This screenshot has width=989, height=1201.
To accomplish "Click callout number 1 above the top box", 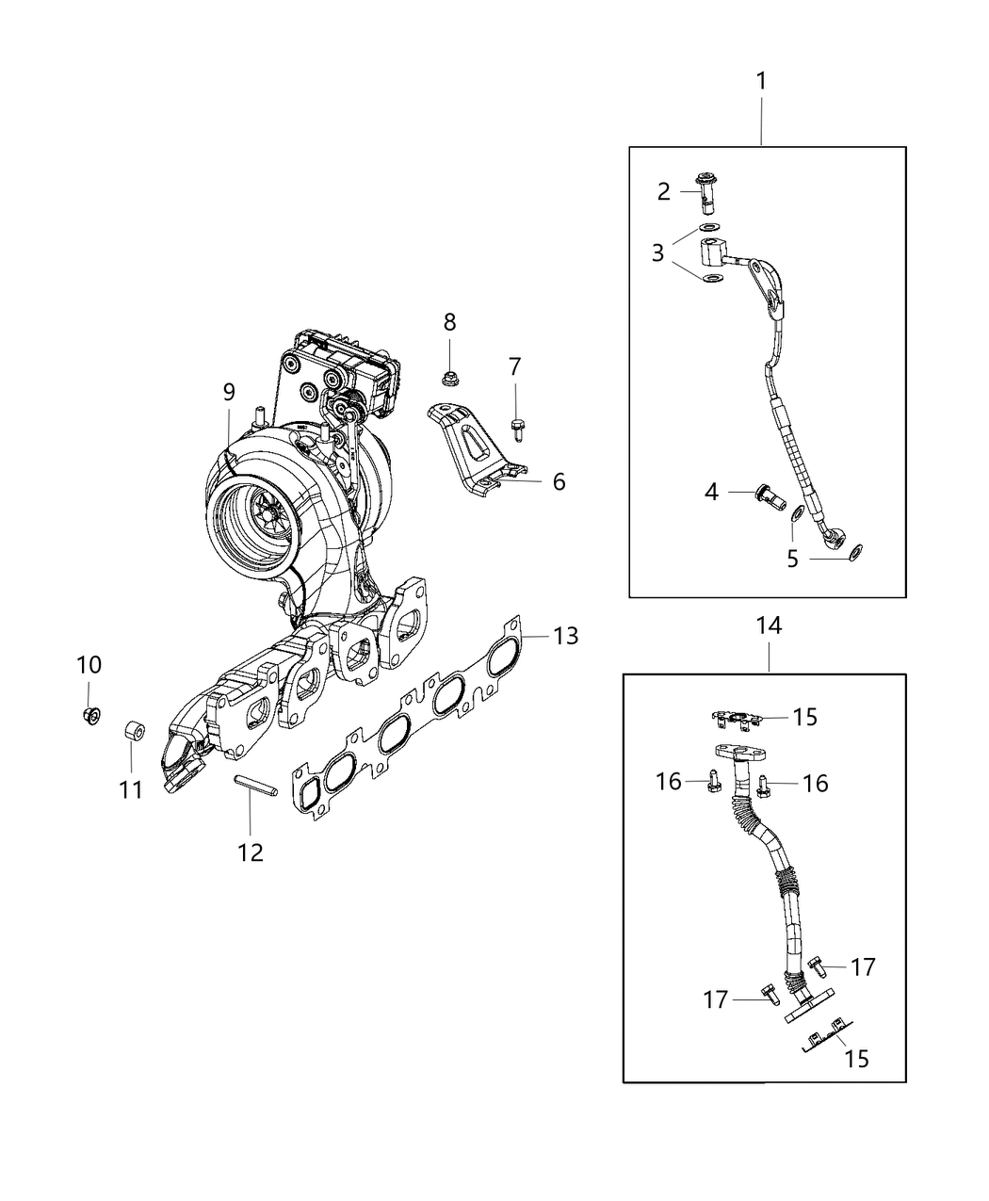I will (x=761, y=82).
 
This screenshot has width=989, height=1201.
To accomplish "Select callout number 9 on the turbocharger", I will (x=229, y=392).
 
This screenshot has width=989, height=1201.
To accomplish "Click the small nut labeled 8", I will (x=449, y=379).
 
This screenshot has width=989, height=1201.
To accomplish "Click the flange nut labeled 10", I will (x=91, y=715).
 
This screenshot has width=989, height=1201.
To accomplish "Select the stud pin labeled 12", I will (x=253, y=785).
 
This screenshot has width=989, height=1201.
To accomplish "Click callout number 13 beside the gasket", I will (x=565, y=637).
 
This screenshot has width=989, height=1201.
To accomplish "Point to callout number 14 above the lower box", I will (x=769, y=625).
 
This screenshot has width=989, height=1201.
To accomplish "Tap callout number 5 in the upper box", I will (x=792, y=559).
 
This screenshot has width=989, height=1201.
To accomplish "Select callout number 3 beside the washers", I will (x=657, y=252).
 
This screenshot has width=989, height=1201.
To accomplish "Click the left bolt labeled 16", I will (x=713, y=781).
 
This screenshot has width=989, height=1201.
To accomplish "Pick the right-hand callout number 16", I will (x=815, y=782).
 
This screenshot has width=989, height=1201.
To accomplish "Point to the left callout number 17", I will (x=715, y=999).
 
